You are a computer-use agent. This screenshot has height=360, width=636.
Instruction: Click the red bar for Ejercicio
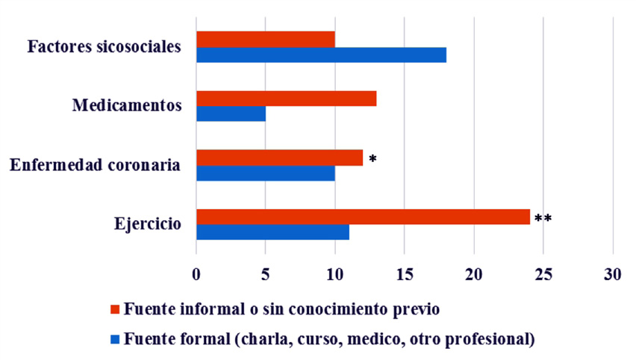coord(363,217)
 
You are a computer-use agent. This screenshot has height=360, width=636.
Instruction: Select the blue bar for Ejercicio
coord(272,232)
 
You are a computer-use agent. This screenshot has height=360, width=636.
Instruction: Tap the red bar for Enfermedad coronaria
coord(279,158)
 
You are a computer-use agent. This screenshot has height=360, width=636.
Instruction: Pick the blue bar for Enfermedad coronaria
coord(266,173)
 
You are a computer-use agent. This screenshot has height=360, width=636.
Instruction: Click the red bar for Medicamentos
coord(286,98)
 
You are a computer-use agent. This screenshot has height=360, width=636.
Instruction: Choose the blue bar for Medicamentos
coord(231,114)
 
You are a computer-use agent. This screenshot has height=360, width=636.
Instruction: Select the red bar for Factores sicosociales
coord(266,39)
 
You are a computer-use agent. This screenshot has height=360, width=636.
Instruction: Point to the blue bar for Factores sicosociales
coord(321,55)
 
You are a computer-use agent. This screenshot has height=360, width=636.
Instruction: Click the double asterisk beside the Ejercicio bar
coord(543,219)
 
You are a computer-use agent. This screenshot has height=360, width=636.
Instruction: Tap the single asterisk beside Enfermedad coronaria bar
coord(372,160)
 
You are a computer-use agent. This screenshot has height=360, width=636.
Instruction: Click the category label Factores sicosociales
coord(105,47)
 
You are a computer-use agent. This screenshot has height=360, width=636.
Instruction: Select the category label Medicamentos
coord(127,105)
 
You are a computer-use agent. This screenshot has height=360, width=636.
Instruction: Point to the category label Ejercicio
coord(147,223)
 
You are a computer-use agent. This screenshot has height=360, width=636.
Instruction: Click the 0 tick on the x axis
coord(196,274)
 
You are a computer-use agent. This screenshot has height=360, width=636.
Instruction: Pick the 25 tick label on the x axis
coord(543,274)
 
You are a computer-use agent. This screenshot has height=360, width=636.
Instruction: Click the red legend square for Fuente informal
coord(114,309)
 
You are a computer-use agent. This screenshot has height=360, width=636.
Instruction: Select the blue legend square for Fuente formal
coord(114,338)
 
